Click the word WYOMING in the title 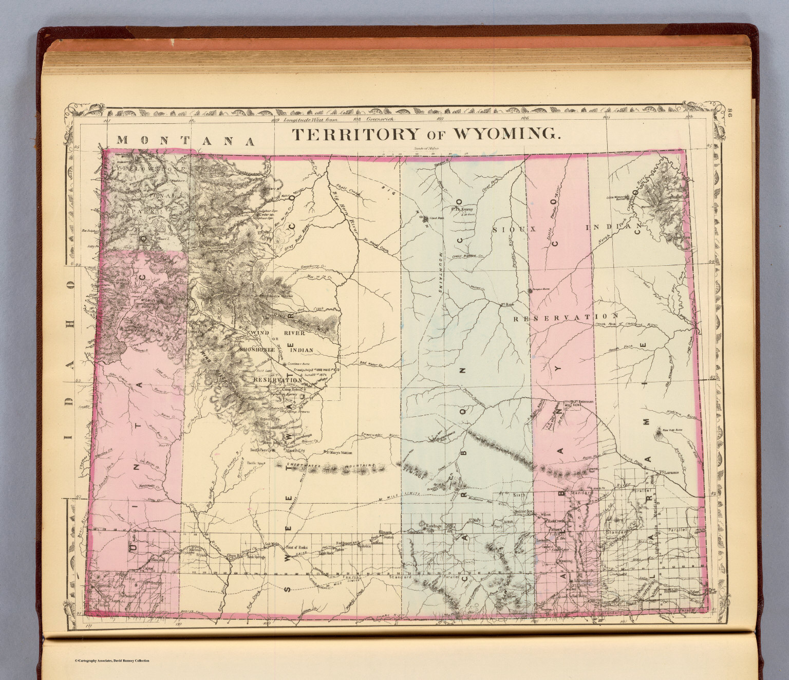[506, 134]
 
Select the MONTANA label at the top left [185, 140]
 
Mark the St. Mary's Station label [337, 453]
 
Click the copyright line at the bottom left [112, 660]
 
